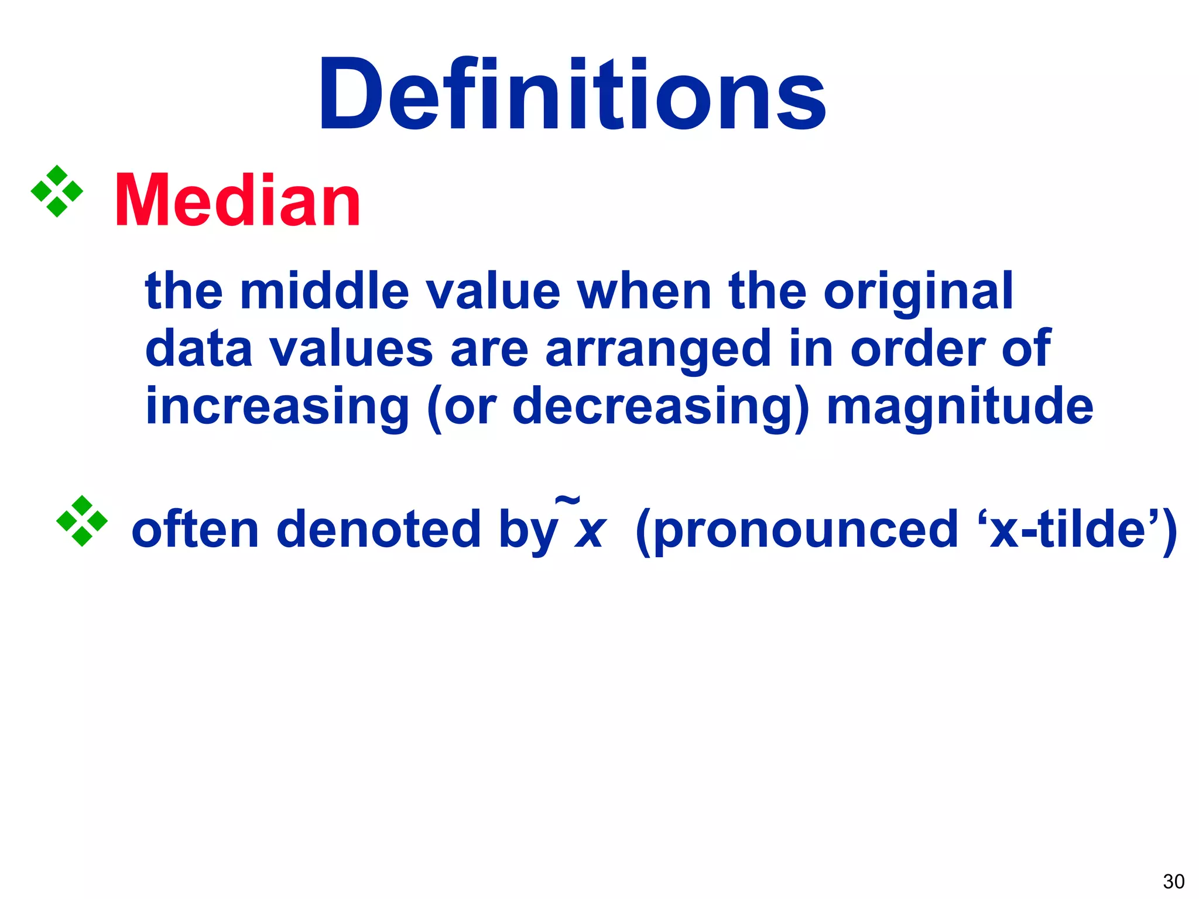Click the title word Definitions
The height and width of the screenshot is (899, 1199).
[571, 95]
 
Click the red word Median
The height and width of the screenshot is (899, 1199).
[238, 201]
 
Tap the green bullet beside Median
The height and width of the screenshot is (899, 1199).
[57, 191]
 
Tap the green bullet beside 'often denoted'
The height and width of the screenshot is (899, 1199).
[82, 521]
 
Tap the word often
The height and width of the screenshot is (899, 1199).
[195, 529]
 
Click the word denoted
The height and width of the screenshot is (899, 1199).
[378, 529]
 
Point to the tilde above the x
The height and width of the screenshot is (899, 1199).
[567, 500]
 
